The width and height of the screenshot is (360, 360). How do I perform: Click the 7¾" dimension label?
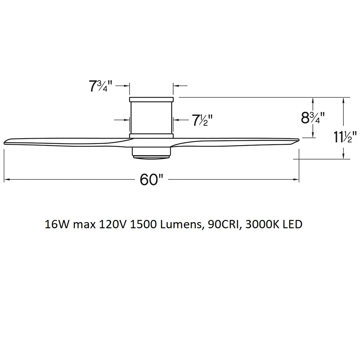100,86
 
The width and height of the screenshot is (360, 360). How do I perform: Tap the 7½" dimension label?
202,120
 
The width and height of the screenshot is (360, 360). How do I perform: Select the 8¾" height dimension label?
313,118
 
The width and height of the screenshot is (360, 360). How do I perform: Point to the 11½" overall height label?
345,137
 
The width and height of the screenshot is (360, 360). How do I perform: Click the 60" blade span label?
152,179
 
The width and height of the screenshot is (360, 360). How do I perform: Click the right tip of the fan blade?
299,140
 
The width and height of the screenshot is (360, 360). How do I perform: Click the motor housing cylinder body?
151,118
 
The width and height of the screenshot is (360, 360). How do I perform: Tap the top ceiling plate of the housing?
151,99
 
